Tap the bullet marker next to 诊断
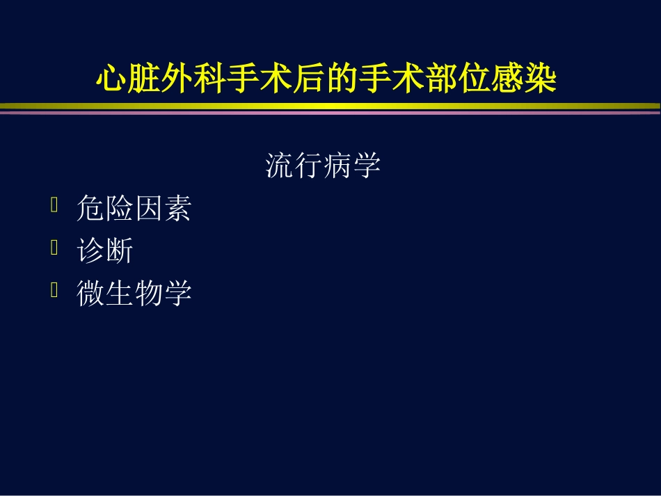54,248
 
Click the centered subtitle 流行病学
323,166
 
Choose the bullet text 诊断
104,251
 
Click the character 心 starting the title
110,80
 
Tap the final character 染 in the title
542,80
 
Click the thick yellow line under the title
330,106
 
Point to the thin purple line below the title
330,112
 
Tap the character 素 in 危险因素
177,209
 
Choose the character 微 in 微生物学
90,294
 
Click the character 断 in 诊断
119,251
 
